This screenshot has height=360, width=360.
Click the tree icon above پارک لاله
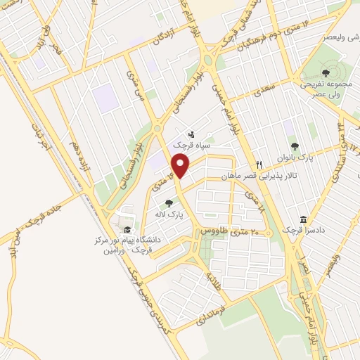(x=168, y=204)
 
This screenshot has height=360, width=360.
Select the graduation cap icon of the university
(x=127, y=229)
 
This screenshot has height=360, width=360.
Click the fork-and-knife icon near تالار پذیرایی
(x=259, y=165)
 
